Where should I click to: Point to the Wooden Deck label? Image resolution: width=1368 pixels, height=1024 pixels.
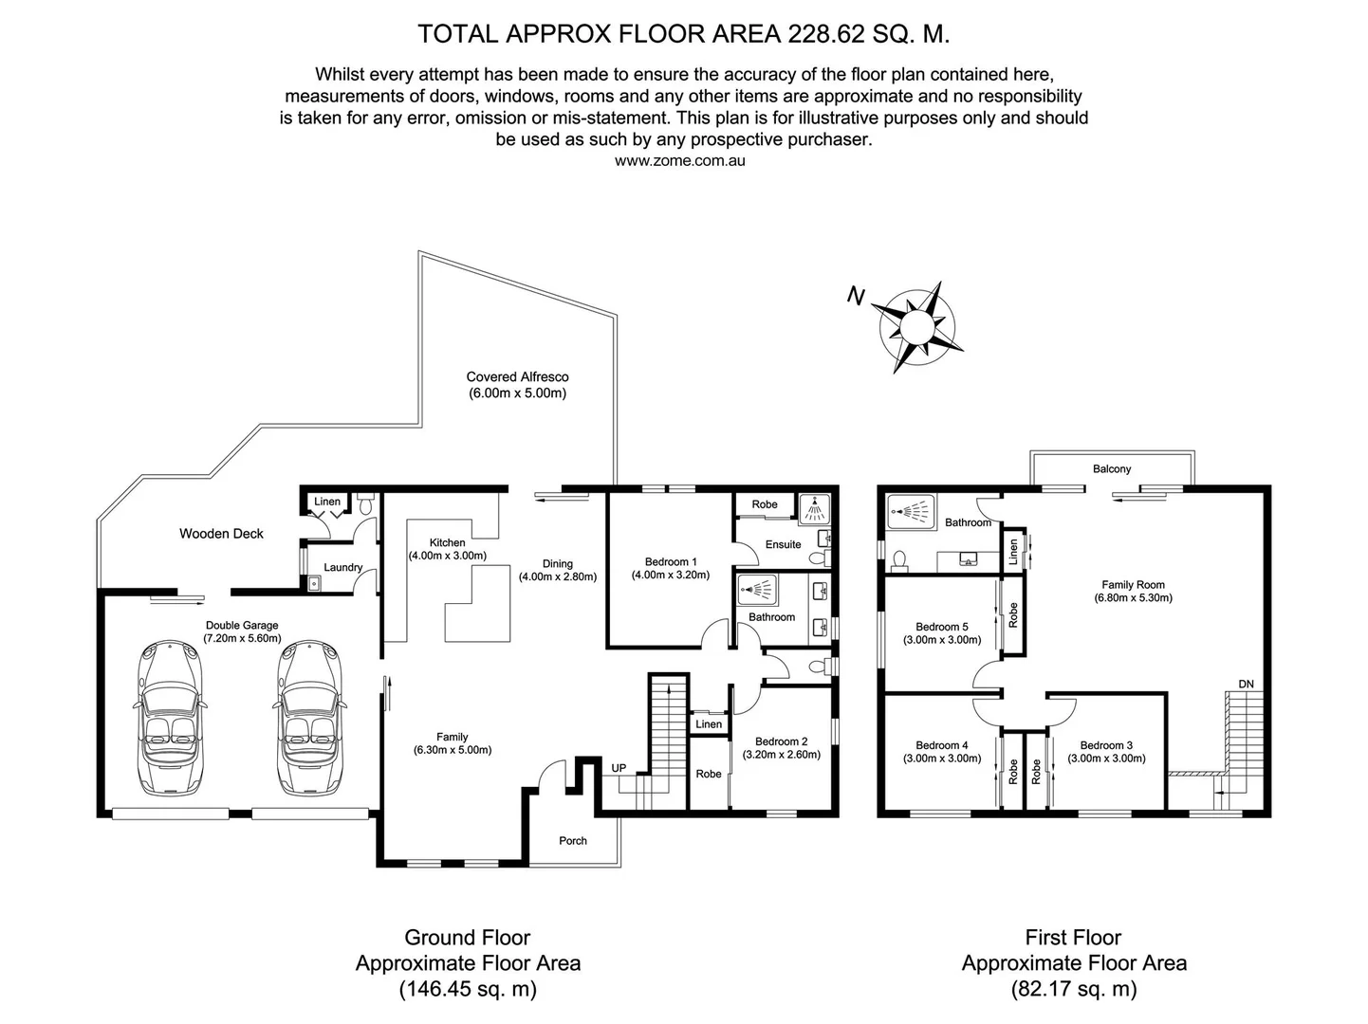(221, 534)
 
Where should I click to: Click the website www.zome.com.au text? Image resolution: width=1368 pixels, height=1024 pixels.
(679, 161)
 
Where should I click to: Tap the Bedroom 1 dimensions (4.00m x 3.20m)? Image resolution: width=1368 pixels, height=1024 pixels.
(670, 575)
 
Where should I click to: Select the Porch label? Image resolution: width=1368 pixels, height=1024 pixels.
(573, 841)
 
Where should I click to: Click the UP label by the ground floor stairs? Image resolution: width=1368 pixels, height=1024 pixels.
(619, 768)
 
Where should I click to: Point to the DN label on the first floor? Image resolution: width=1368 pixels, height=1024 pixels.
(1246, 685)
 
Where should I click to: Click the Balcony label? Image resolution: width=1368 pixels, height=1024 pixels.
(1112, 469)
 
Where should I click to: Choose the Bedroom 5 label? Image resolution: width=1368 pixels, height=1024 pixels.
(941, 627)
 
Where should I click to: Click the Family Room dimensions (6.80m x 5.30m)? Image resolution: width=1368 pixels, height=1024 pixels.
(1133, 598)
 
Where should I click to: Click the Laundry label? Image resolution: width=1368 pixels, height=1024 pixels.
(342, 568)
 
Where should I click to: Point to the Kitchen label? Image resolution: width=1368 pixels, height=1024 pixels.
(447, 543)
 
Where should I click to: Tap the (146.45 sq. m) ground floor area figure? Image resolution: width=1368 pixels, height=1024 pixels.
(467, 990)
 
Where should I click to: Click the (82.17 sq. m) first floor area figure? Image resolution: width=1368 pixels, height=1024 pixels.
(1073, 990)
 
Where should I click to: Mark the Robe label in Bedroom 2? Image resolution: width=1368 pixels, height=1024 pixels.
(708, 774)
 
